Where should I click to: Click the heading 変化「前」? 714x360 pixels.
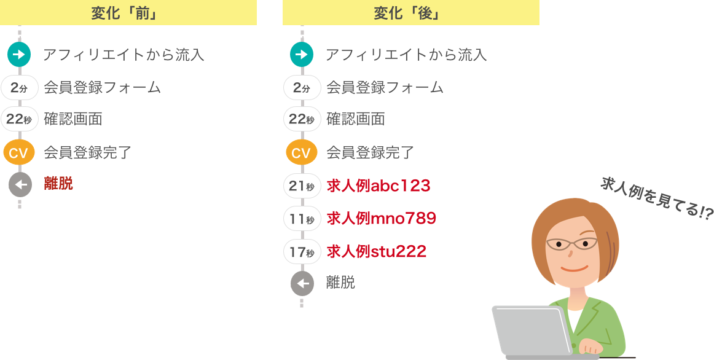pyautogui.click(x=128, y=13)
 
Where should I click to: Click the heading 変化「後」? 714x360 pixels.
pyautogui.click(x=410, y=13)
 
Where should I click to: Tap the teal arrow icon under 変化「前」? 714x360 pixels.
pyautogui.click(x=19, y=55)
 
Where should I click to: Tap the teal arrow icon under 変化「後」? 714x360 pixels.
pyautogui.click(x=302, y=55)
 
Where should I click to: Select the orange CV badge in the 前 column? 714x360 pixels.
pyautogui.click(x=19, y=152)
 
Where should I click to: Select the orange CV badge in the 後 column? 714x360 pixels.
pyautogui.click(x=302, y=152)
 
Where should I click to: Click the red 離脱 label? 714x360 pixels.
pyautogui.click(x=58, y=184)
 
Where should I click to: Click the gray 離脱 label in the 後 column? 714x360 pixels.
pyautogui.click(x=340, y=283)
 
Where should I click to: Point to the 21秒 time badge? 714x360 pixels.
pyautogui.click(x=302, y=186)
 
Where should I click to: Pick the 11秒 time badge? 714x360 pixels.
pyautogui.click(x=302, y=219)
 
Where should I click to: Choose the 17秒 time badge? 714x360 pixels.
pyautogui.click(x=302, y=251)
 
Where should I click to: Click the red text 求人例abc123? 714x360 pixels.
pyautogui.click(x=378, y=186)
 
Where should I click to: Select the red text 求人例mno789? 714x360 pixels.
pyautogui.click(x=381, y=218)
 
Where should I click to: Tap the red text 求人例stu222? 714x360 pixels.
pyautogui.click(x=376, y=251)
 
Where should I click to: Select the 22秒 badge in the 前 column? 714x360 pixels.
pyautogui.click(x=19, y=119)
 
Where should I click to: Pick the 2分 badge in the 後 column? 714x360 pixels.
pyautogui.click(x=302, y=87)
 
